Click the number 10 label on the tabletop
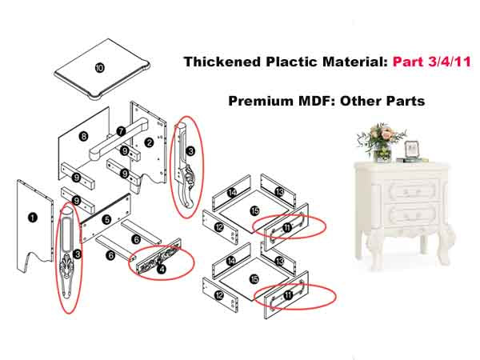coord(99,68)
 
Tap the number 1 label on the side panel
coord(32,218)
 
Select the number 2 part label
coord(149,142)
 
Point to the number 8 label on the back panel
coord(83,136)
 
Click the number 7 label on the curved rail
coord(122,131)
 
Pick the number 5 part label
coord(106,219)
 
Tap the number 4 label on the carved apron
coord(161,269)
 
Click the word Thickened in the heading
coord(222,62)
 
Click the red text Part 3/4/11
coord(432,62)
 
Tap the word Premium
coord(261,101)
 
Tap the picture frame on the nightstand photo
coord(413,150)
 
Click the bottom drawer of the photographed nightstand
coord(403,216)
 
